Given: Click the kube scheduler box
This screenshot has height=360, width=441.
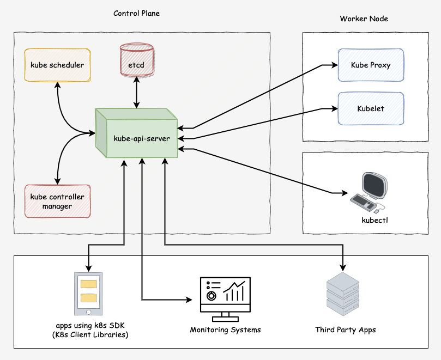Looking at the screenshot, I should coord(57,65).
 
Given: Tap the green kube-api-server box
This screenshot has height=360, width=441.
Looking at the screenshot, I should coord(141,138).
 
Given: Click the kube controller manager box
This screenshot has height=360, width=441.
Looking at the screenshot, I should coord(57,202).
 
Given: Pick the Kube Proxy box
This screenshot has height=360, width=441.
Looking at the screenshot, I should coord(371,65).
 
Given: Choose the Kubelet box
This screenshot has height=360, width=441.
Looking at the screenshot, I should coord(371,108).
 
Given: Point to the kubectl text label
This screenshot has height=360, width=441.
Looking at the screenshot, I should coord(374,221).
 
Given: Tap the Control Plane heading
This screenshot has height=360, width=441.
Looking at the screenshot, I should coord(137,13).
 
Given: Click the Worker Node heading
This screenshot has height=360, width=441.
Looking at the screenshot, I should coord(364,19).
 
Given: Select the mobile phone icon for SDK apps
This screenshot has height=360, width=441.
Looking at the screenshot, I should coord(88,294).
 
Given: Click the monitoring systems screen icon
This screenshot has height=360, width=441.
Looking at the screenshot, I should coord(225,296).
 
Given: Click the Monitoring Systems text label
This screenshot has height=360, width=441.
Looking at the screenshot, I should coord(225,330).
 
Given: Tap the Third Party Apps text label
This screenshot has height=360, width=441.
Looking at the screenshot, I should coord(345,330).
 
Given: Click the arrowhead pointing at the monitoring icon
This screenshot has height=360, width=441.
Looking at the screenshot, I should coord(190,300).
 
